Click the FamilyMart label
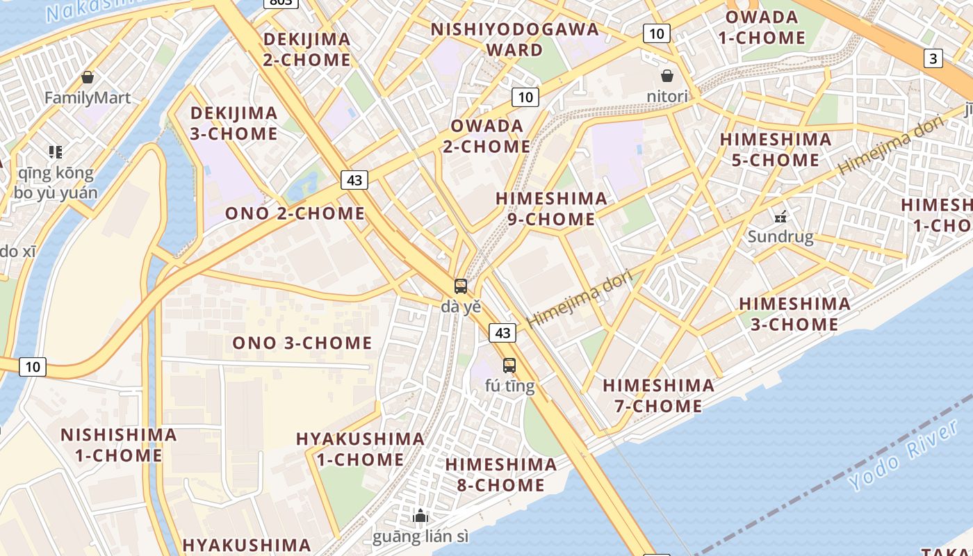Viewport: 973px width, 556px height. click(x=88, y=97)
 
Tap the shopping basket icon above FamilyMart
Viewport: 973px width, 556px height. click(x=88, y=76)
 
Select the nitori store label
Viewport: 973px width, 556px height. click(x=667, y=96)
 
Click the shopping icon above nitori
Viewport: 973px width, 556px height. click(x=667, y=75)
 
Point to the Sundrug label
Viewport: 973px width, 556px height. click(x=780, y=237)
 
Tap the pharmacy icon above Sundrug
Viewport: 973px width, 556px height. click(x=780, y=216)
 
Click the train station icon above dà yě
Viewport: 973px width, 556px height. click(x=461, y=286)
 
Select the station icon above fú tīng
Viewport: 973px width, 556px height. click(x=509, y=366)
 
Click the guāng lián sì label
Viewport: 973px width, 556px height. click(x=420, y=537)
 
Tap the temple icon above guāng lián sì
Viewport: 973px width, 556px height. click(x=420, y=516)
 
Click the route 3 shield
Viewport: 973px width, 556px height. click(x=933, y=58)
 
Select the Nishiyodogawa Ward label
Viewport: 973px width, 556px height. click(x=514, y=40)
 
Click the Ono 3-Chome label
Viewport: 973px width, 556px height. click(x=302, y=343)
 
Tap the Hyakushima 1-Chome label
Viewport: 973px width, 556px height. click(x=360, y=449)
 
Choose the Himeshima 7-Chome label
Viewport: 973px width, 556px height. click(x=658, y=395)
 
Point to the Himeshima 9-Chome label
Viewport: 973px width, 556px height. click(x=551, y=208)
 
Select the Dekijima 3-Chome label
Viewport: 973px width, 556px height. click(x=234, y=123)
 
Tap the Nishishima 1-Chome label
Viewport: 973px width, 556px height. click(x=118, y=445)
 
